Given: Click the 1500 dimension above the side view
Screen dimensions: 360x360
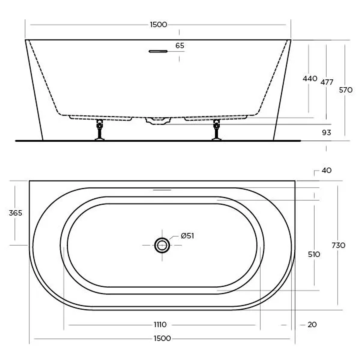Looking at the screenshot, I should coord(158,25).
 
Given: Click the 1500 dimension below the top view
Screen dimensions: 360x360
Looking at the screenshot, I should coord(162,339).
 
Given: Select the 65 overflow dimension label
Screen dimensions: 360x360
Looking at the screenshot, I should coord(180,46).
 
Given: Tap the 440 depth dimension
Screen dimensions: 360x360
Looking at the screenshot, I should coord(310,79).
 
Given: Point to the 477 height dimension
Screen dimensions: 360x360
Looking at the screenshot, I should coord(327,82).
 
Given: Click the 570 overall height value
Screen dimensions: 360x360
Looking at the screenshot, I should coord(346,90).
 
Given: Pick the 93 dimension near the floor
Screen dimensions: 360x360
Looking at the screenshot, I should coord(327,133).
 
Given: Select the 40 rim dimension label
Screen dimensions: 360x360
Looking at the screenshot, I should coord(327,170).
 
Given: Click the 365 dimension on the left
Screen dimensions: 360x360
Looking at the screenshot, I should coord(15,213).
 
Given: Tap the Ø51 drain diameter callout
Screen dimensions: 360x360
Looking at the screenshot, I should coord(187,236).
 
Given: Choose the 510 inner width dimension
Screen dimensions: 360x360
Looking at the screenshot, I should coord(314,254).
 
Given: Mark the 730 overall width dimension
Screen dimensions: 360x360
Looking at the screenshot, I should coord(338,245).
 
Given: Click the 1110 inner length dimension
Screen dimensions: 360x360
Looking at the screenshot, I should coord(160,324).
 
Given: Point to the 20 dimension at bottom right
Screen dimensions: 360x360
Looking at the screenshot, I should coord(312,324).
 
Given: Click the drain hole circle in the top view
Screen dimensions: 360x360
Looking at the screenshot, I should coord(162,245).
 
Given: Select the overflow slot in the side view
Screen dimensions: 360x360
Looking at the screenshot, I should coord(158,51).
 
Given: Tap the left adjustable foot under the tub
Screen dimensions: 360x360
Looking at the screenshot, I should coord(99,130).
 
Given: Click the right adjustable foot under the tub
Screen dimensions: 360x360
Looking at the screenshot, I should coord(217,130).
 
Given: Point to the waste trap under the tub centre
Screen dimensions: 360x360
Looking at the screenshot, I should coord(158,121).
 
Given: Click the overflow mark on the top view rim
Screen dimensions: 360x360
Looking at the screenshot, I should coord(162,190).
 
